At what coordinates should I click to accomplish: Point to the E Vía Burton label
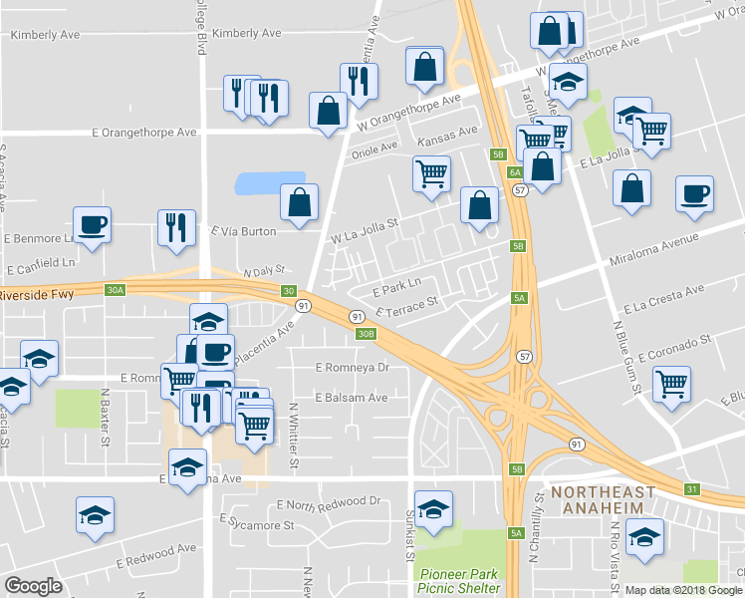click(x=243, y=231)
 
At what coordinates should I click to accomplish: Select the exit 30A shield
click(x=116, y=290)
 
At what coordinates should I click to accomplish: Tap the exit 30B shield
click(x=366, y=334)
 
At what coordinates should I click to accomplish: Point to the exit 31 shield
click(x=691, y=488)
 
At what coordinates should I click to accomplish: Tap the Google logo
click(x=34, y=586)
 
